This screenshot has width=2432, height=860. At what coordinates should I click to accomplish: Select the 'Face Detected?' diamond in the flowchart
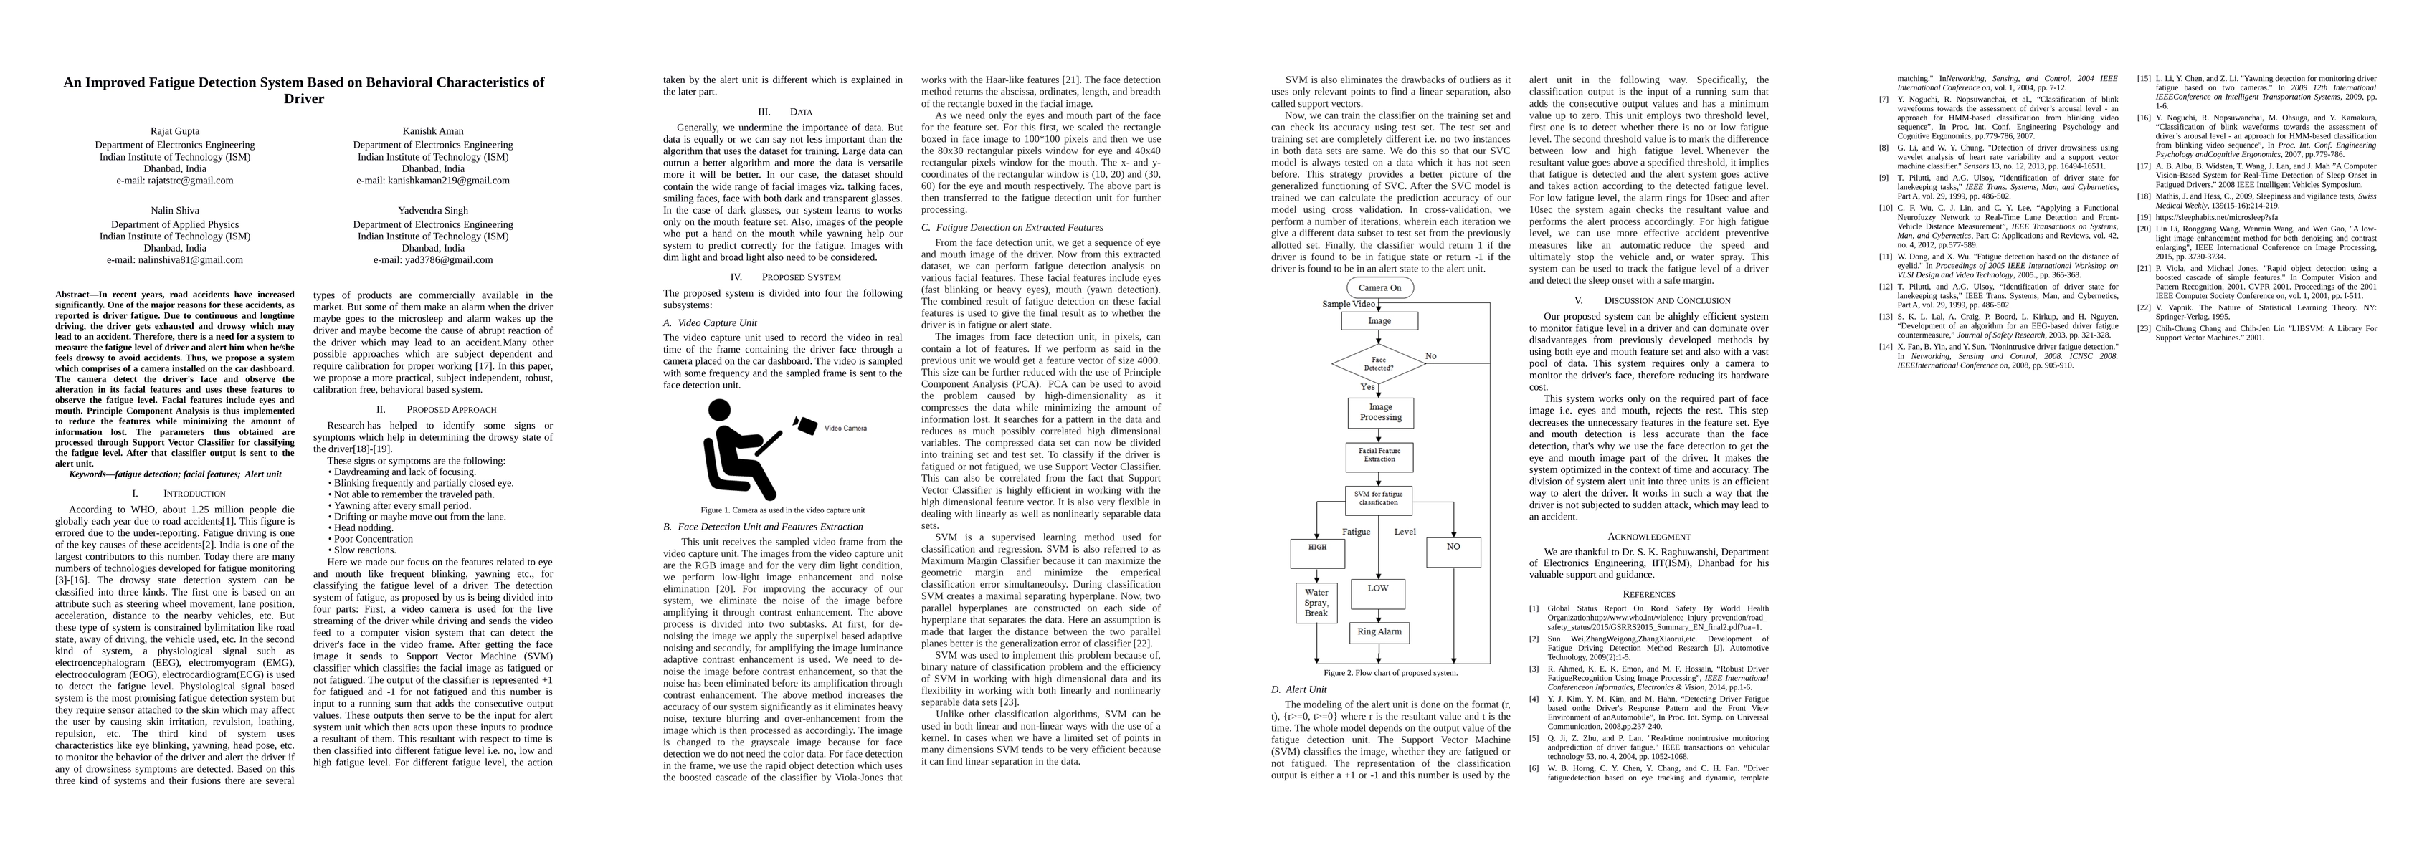click(x=1378, y=363)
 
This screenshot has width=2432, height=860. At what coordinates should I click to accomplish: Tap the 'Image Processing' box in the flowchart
click(x=1380, y=411)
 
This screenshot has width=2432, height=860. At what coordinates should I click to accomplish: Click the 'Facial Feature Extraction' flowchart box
click(x=1379, y=456)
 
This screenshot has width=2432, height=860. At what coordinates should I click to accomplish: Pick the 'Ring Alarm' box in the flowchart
click(x=1379, y=631)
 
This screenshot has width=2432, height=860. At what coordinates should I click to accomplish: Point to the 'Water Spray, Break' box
click(x=1316, y=602)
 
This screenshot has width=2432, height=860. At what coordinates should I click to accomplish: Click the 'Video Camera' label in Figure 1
click(x=845, y=429)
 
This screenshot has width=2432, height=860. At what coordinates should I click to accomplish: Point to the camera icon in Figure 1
click(x=805, y=426)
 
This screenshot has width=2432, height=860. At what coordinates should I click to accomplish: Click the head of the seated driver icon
click(x=719, y=411)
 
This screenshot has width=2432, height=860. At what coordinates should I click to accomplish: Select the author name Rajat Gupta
click(x=175, y=131)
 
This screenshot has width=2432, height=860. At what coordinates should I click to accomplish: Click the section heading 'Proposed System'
click(x=801, y=277)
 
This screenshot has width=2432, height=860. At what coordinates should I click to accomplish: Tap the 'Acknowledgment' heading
click(x=1648, y=536)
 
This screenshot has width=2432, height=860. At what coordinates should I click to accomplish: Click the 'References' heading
click(x=1648, y=594)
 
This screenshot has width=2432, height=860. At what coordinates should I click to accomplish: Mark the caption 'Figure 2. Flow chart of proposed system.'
click(x=1390, y=673)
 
